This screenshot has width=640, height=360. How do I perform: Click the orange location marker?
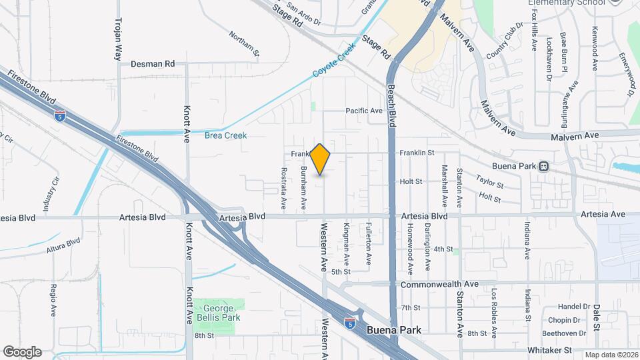321,159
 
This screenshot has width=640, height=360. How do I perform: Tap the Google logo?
22,351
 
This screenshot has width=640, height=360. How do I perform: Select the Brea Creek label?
225,135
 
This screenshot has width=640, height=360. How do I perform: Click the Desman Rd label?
153,64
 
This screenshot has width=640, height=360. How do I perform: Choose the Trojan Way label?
119,39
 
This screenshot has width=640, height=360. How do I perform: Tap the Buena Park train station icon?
544,166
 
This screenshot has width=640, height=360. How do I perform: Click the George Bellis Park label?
217,313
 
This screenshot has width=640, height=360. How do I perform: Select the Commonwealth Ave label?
439,284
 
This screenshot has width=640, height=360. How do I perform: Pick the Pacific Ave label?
363,111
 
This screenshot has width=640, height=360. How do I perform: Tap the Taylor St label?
489,181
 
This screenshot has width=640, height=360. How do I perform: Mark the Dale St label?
597,317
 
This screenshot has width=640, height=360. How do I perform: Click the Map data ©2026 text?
611,355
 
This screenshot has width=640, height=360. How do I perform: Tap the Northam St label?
243,41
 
